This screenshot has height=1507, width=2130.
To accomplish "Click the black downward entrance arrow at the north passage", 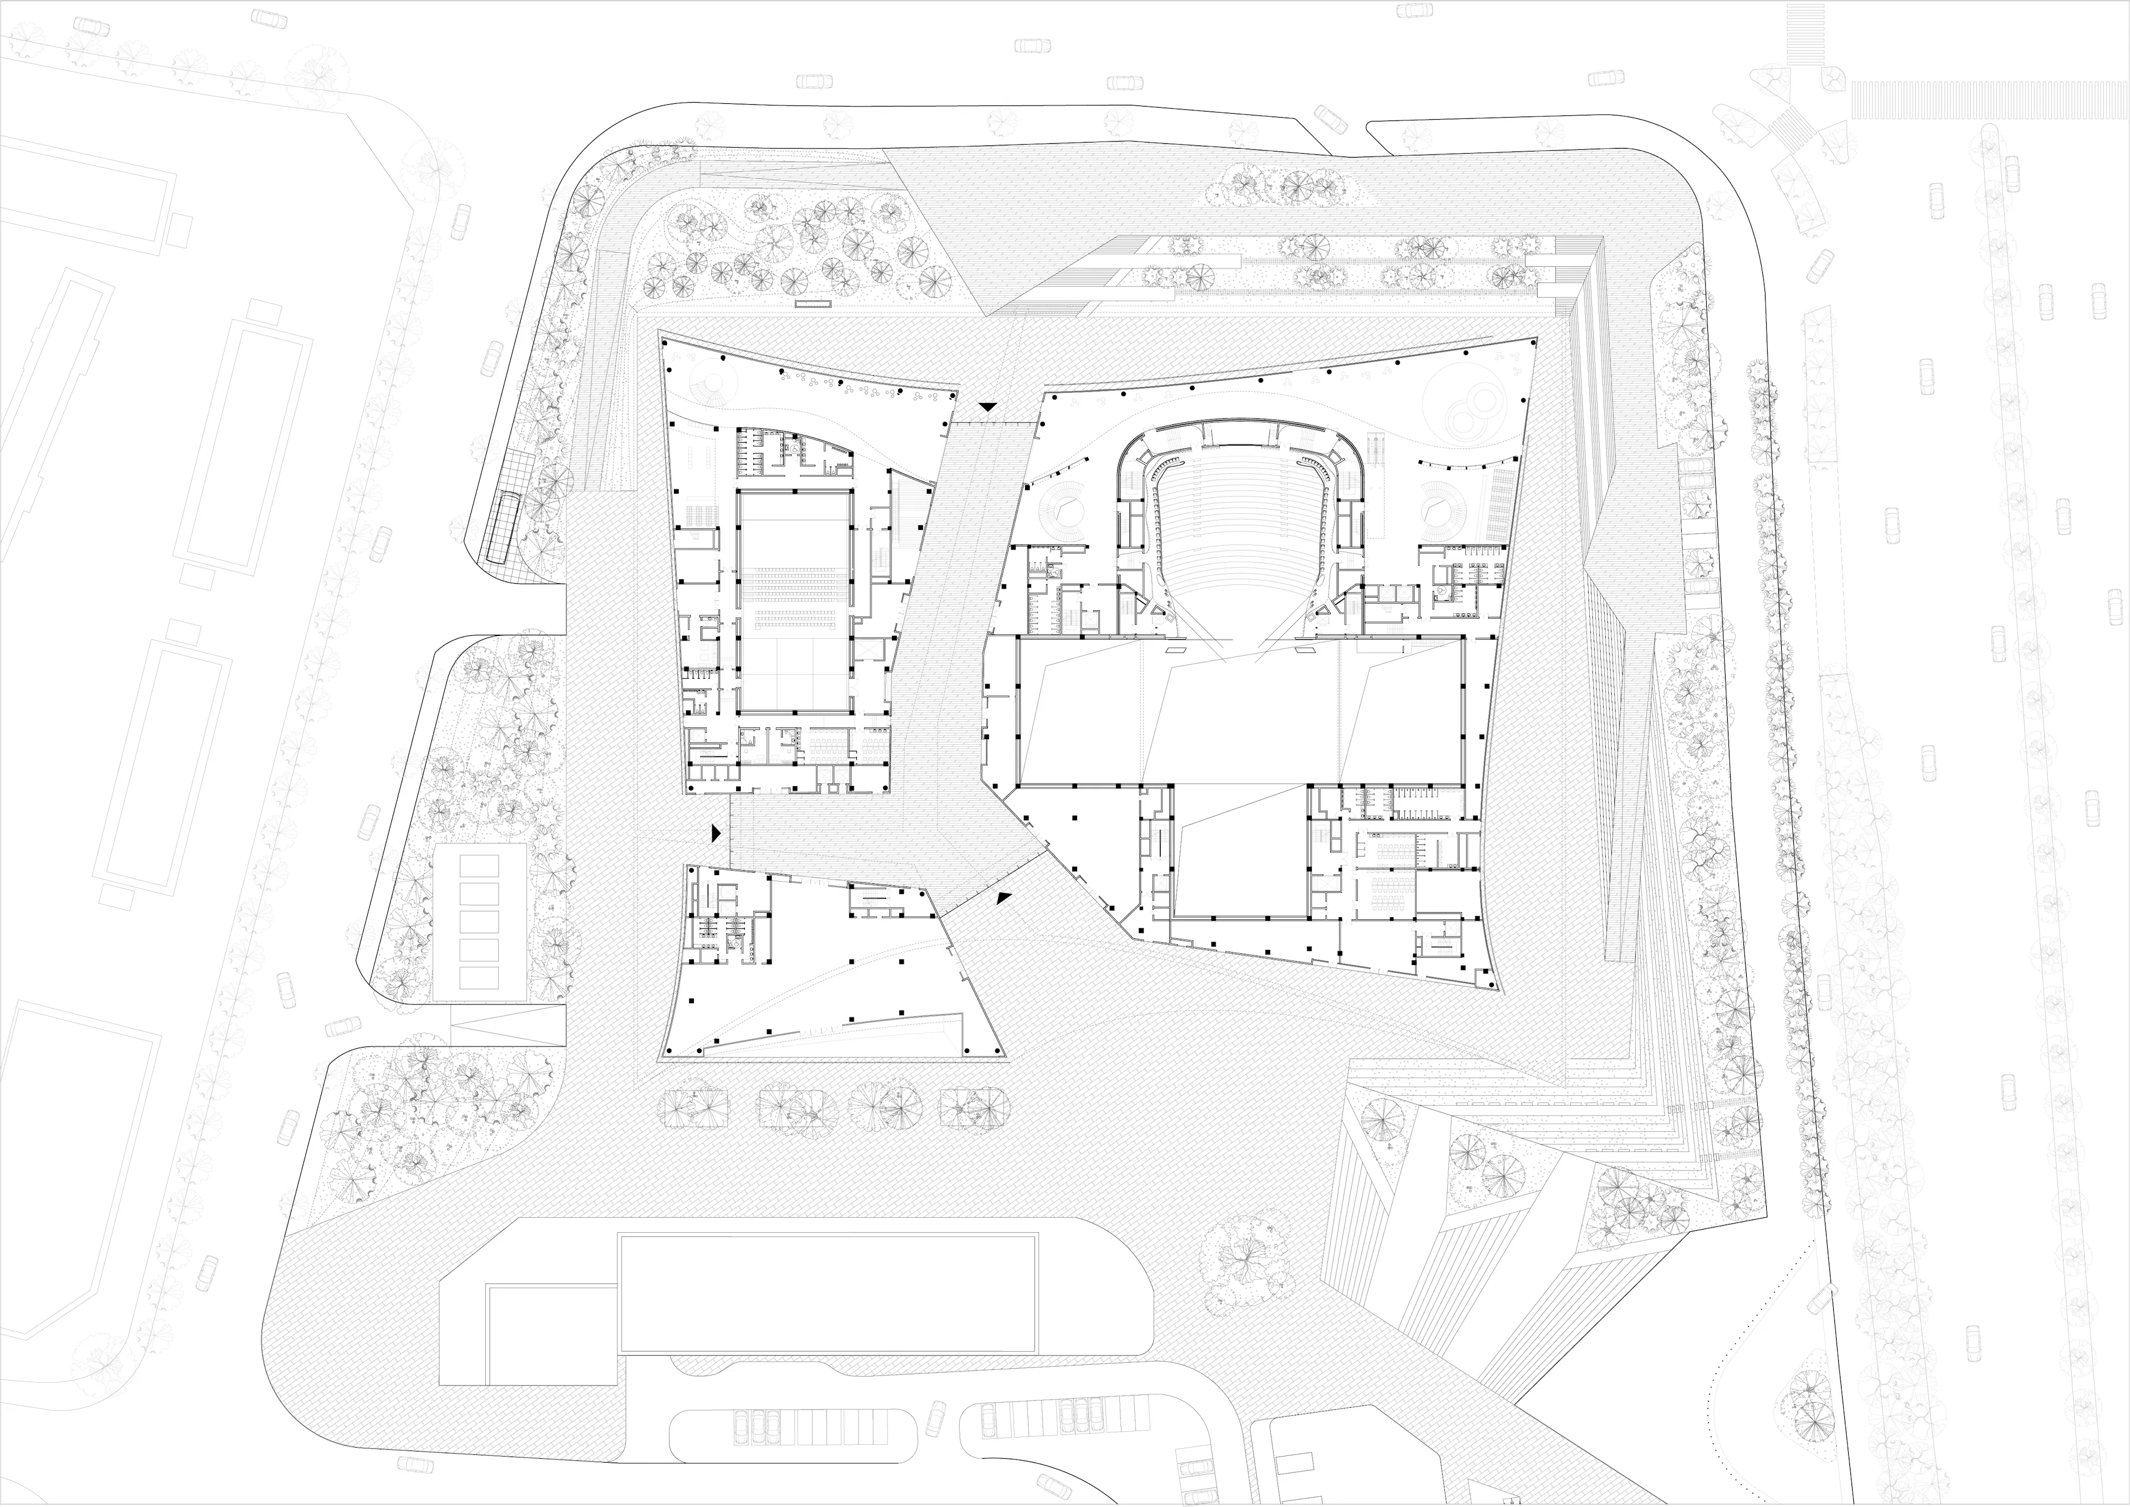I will (x=989, y=406).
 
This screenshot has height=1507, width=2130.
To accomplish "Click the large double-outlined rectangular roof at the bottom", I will (x=828, y=1293).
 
